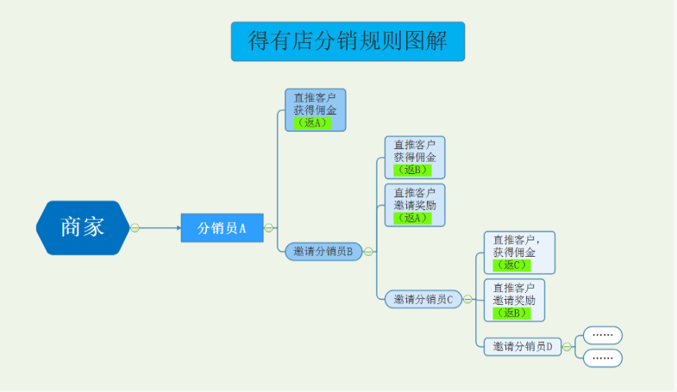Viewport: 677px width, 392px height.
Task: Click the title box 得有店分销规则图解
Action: (x=348, y=41)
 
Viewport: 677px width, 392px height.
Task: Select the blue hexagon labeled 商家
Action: (x=83, y=227)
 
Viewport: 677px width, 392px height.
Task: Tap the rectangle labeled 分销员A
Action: (x=222, y=227)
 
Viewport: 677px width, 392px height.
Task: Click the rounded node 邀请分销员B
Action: (x=323, y=252)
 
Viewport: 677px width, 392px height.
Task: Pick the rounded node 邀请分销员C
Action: (x=423, y=299)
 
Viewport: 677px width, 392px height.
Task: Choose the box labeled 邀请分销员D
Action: (x=523, y=346)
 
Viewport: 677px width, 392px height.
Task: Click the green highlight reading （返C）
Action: (x=511, y=264)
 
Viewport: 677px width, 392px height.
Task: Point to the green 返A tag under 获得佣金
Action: (x=312, y=123)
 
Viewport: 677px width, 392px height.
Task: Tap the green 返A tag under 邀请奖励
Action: (x=412, y=218)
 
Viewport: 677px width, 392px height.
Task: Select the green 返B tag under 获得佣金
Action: (x=412, y=170)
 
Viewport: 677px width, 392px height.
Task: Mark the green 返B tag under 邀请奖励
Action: (x=511, y=313)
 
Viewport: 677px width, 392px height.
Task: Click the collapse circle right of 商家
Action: (x=135, y=227)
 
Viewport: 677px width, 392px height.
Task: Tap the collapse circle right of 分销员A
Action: (x=268, y=227)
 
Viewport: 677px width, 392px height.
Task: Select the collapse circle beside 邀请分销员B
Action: (x=368, y=252)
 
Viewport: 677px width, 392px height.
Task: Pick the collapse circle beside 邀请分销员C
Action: (x=467, y=299)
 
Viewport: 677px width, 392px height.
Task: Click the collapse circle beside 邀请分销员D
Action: (x=567, y=346)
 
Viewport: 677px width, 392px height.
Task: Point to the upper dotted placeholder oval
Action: (x=603, y=335)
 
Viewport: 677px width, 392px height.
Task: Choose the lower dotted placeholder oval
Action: (x=603, y=358)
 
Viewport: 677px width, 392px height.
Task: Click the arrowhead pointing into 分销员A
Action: (x=179, y=227)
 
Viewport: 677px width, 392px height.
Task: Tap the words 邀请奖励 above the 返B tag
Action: (x=514, y=300)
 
